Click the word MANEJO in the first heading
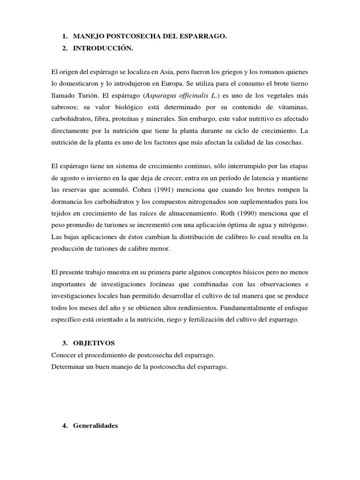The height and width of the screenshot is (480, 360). [x=90, y=36]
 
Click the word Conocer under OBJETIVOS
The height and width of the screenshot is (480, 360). [x=63, y=355]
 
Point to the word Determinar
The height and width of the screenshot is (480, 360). [x=67, y=367]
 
